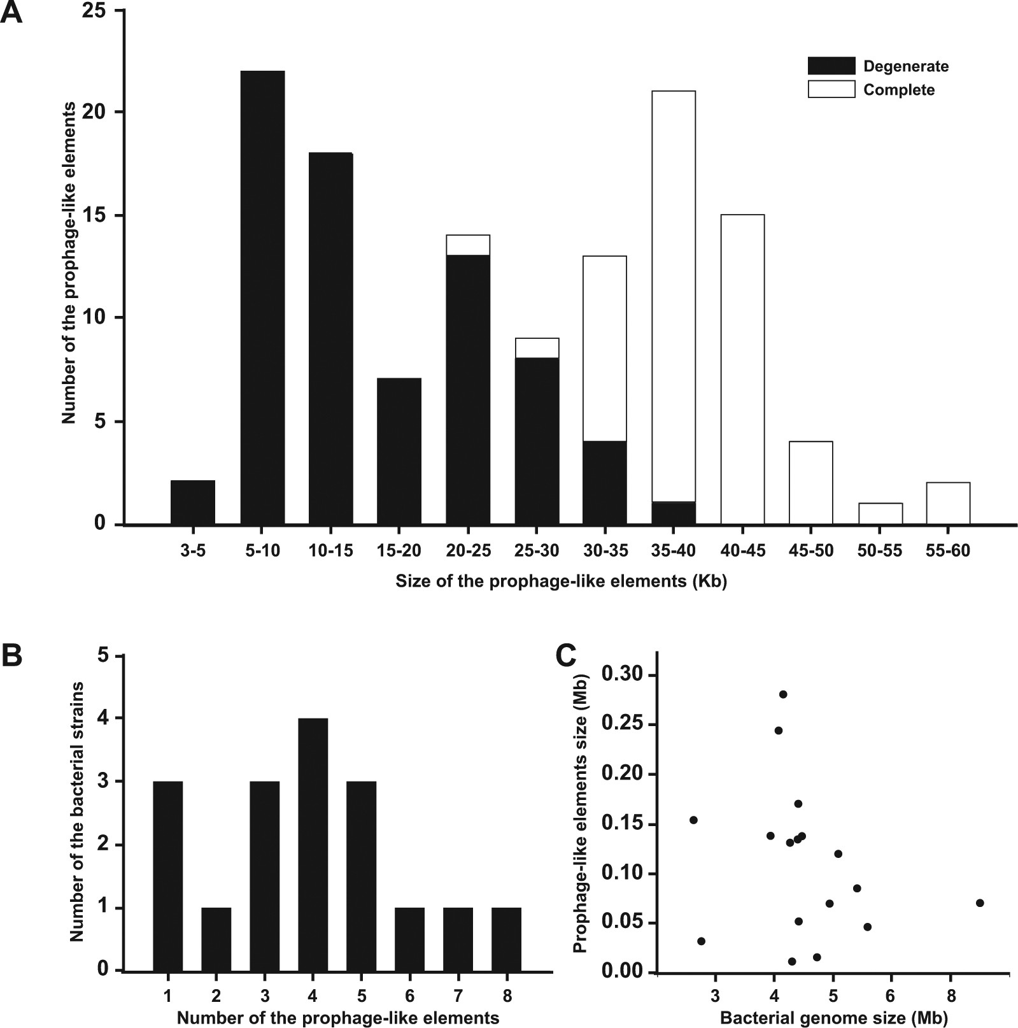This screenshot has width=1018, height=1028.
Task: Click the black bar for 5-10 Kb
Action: tap(262, 297)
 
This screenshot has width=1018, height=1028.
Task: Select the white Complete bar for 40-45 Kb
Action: tap(742, 369)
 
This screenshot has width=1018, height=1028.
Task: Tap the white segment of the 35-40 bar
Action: tap(674, 296)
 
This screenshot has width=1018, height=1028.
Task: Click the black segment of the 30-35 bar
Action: tap(605, 482)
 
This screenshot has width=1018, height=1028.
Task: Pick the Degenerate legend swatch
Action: tap(831, 66)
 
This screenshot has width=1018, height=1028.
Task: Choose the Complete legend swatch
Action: tap(831, 89)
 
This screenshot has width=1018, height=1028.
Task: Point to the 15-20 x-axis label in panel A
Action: tap(399, 551)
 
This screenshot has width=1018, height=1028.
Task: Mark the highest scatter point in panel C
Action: tap(782, 694)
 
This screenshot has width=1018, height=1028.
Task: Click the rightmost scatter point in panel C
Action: tap(979, 903)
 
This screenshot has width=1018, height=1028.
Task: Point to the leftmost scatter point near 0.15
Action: tap(693, 820)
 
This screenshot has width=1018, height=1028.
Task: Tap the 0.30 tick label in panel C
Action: tap(623, 675)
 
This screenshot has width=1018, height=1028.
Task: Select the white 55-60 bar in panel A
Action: tap(948, 503)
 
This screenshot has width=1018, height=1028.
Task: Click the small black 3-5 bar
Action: tap(193, 503)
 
